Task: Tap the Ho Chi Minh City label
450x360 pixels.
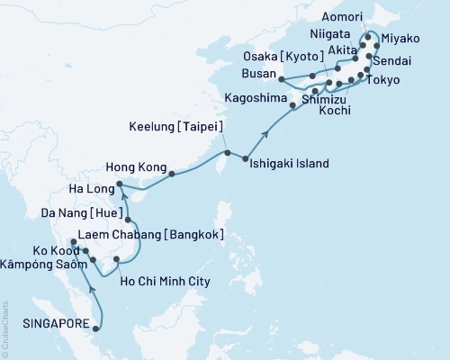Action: coord(165,282)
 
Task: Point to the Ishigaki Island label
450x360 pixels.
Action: coord(290,164)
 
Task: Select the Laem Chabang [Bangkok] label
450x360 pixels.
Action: coord(140,235)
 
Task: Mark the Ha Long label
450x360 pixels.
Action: coord(92,190)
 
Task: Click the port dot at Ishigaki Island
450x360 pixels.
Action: coord(246,159)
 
